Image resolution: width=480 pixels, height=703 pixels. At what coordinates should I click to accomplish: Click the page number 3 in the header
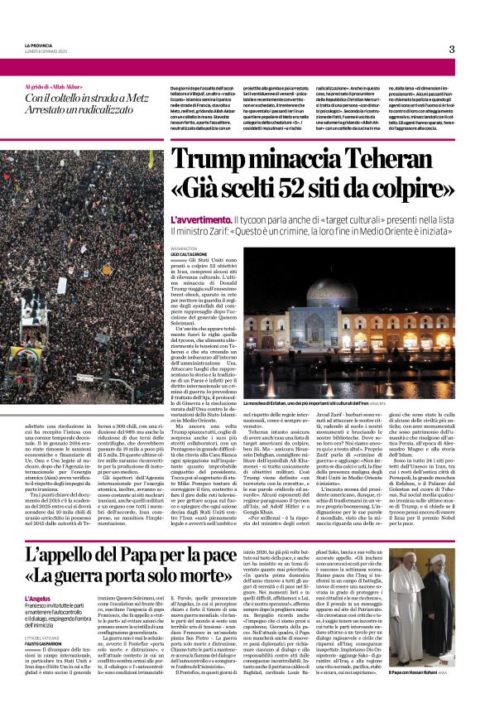[x=452, y=49]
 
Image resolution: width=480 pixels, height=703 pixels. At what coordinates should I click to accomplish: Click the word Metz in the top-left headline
[x=127, y=97]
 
